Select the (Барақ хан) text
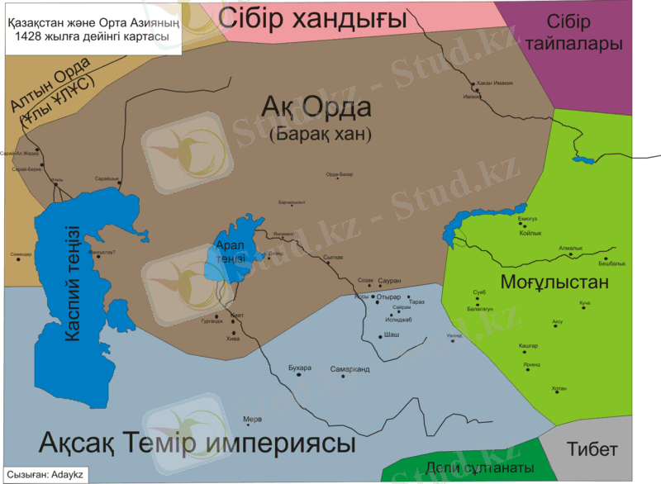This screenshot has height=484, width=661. [x=321, y=133]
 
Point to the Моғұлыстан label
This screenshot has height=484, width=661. [x=554, y=282]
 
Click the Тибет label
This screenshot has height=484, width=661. [x=592, y=449]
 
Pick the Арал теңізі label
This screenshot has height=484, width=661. [x=231, y=252]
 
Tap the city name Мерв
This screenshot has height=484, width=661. [x=253, y=419]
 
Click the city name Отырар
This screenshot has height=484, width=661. [x=388, y=297]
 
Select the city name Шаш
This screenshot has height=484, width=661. [x=392, y=335]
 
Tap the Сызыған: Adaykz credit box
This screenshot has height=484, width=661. [x=45, y=477]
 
